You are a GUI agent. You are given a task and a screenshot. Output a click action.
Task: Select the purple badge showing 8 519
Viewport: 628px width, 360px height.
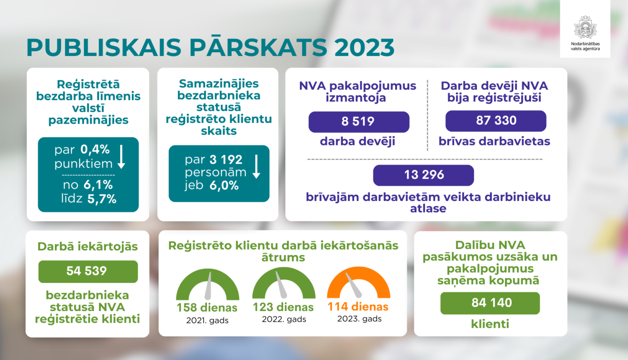click(358, 122)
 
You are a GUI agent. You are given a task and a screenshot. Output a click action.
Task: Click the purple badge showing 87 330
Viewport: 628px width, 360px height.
click(496, 121)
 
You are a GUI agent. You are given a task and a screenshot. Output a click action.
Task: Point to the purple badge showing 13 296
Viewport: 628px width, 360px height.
click(423, 175)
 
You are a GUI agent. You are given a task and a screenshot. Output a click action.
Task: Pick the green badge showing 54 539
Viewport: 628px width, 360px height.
click(88, 271)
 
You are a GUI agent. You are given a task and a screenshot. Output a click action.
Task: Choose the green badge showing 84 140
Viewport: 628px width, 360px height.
click(490, 303)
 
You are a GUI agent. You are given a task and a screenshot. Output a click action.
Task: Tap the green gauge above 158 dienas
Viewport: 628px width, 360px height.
click(208, 285)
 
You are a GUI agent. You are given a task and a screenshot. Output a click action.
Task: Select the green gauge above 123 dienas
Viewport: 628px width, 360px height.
click(284, 283)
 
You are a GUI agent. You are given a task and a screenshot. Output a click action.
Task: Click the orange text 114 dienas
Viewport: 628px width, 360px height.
click(358, 307)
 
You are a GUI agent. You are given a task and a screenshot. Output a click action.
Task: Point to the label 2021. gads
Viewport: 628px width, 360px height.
click(207, 321)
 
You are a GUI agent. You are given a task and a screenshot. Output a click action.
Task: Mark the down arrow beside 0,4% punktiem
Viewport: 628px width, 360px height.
click(121, 157)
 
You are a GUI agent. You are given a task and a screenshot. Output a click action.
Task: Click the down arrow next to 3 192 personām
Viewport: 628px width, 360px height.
click(257, 167)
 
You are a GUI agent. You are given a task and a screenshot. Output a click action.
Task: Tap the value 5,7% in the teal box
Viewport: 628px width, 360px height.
click(102, 199)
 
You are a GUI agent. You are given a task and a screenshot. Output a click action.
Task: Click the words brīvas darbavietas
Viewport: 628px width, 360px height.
click(494, 141)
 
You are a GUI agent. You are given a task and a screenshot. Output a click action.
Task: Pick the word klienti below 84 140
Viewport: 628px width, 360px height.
click(490, 324)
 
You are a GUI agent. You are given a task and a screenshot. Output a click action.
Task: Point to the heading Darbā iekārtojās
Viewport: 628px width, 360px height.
click(88, 247)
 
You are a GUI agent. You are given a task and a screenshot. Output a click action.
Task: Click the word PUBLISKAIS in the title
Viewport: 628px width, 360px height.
click(104, 48)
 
